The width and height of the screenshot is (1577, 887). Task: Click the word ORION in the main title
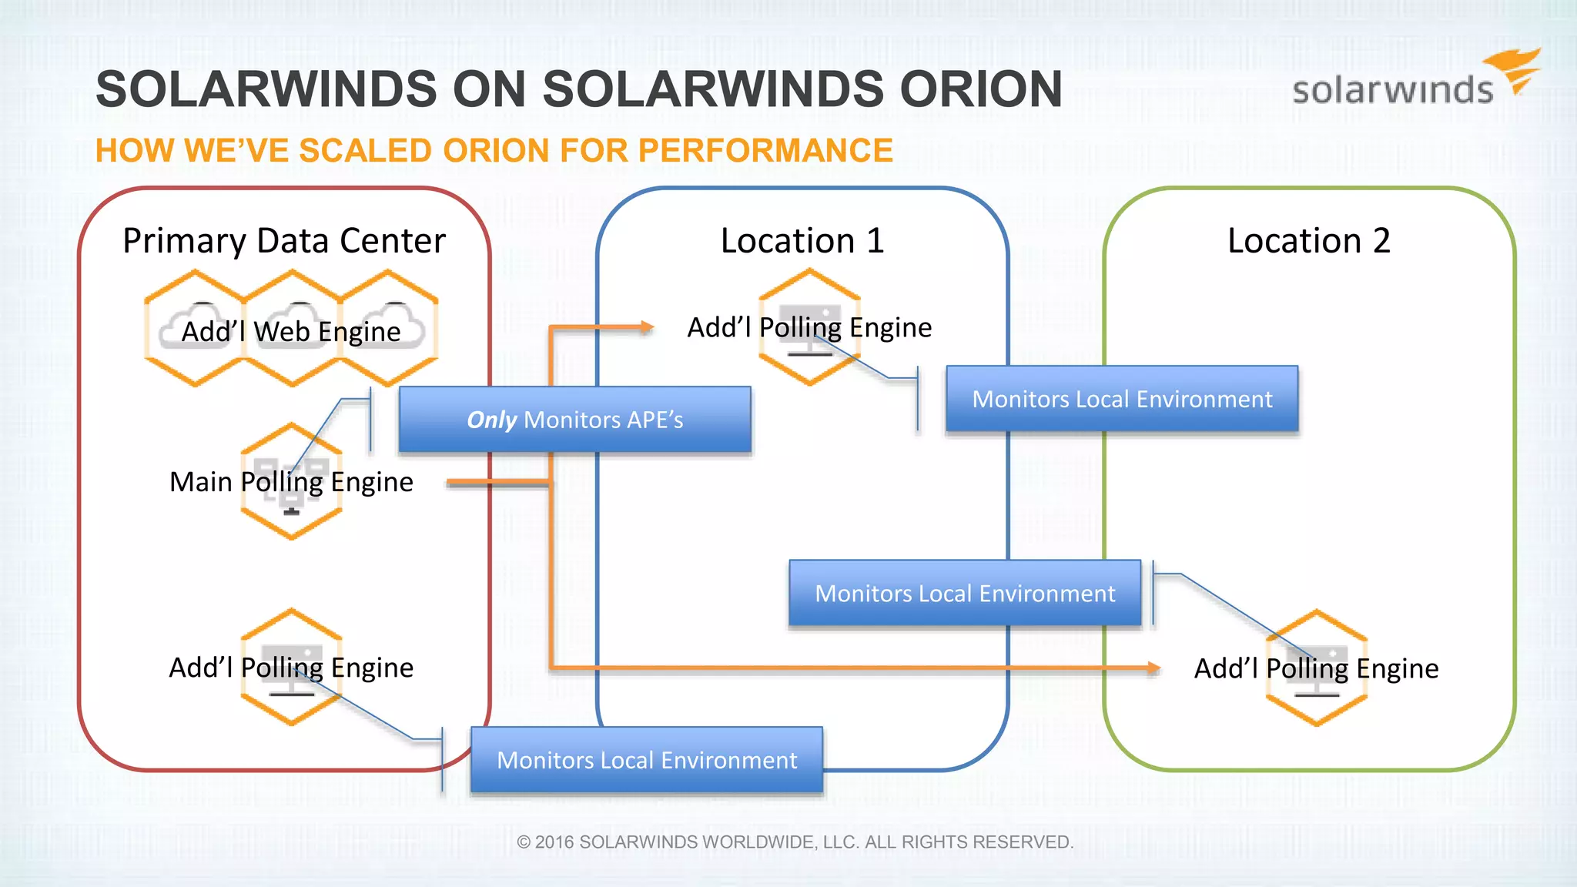click(x=981, y=89)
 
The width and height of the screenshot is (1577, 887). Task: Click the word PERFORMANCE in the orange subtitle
click(x=765, y=151)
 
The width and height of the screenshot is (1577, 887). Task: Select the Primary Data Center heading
click(x=284, y=241)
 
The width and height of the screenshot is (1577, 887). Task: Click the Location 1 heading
click(x=802, y=241)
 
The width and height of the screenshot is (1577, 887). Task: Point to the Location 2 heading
click(x=1309, y=241)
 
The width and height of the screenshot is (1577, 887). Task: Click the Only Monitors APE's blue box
click(x=574, y=420)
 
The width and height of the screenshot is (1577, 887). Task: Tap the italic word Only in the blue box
click(x=491, y=420)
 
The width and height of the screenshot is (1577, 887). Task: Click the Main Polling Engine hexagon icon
click(x=291, y=481)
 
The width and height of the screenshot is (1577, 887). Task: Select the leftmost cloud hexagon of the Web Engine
click(x=195, y=328)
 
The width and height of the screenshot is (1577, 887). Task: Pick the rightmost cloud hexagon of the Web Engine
click(x=388, y=328)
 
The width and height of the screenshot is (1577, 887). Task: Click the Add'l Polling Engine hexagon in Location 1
click(x=809, y=327)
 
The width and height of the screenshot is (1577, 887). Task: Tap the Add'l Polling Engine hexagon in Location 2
click(x=1317, y=668)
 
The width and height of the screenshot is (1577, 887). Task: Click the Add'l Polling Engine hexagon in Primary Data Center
click(x=291, y=667)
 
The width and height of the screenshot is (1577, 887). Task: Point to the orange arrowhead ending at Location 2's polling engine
click(x=1153, y=668)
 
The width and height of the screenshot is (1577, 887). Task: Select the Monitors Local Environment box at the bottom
click(x=647, y=760)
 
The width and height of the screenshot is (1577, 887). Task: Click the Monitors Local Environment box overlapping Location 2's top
click(x=1122, y=399)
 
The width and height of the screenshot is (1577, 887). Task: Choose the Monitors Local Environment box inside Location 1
click(x=965, y=593)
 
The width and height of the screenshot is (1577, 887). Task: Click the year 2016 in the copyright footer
click(x=554, y=842)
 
